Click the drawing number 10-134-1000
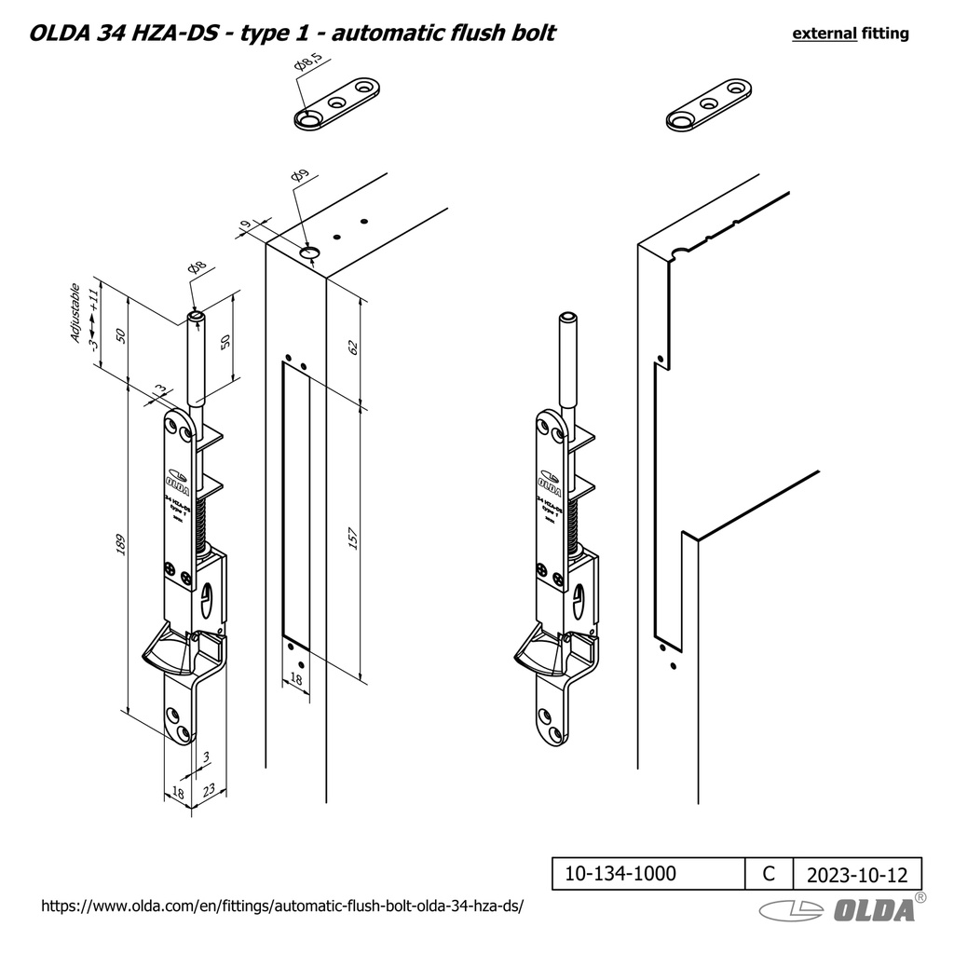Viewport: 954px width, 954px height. [x=620, y=874]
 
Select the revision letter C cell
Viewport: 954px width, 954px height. [x=768, y=874]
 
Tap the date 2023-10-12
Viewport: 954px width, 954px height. [x=856, y=875]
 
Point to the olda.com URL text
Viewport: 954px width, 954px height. [x=283, y=906]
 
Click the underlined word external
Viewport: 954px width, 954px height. [x=824, y=34]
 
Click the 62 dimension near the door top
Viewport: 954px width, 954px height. [x=352, y=348]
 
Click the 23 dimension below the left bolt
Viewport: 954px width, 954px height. [x=209, y=790]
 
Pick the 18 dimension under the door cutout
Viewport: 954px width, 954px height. [x=296, y=681]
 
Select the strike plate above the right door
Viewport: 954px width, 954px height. [x=708, y=104]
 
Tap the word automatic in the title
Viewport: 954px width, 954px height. [x=384, y=34]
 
